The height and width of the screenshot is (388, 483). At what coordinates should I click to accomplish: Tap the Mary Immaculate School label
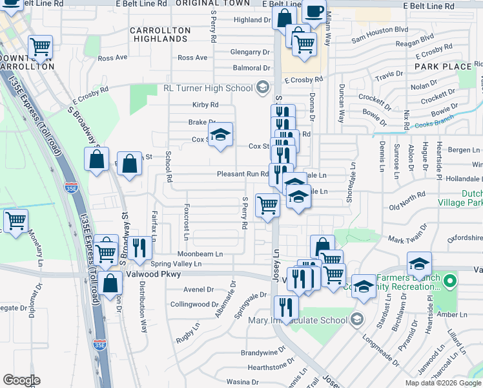[293, 319]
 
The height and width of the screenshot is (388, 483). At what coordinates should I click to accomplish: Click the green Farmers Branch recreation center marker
[451, 281]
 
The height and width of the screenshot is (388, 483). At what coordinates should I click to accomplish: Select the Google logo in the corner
[21, 380]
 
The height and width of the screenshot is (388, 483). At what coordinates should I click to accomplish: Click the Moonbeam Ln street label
[201, 254]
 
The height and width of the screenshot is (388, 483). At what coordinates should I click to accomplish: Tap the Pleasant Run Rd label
[242, 173]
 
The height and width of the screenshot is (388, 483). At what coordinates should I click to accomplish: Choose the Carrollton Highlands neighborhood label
[160, 35]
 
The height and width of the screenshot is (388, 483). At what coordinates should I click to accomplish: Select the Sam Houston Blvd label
[380, 30]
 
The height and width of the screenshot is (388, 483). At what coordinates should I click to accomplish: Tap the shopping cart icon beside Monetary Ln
[15, 221]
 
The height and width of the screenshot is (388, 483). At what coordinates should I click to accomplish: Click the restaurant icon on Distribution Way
[139, 246]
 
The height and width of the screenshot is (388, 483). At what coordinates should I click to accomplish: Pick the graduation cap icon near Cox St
[220, 135]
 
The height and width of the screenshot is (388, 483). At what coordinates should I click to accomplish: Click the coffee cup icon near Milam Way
[314, 11]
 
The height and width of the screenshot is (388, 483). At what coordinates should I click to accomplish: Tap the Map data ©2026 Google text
[443, 383]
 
